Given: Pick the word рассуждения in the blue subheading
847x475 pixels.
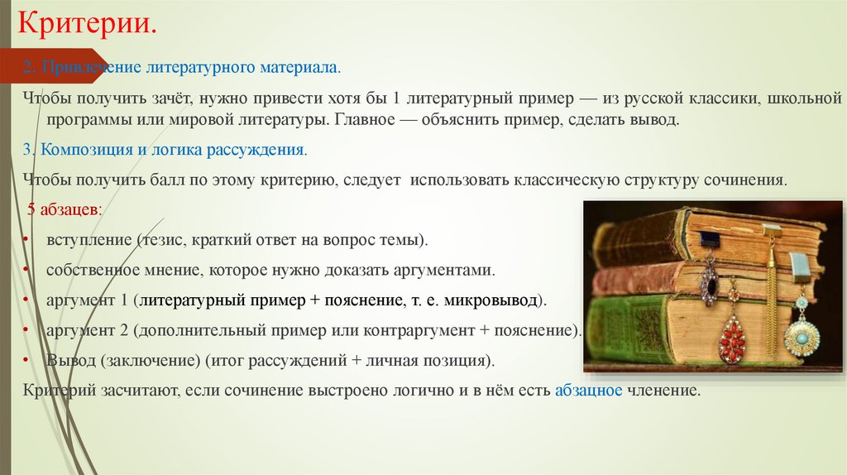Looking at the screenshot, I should tap(264, 151).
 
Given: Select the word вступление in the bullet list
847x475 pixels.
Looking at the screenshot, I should tap(87, 240).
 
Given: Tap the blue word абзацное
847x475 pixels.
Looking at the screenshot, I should tap(588, 390).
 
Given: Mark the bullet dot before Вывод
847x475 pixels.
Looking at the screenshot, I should tap(28, 361).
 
